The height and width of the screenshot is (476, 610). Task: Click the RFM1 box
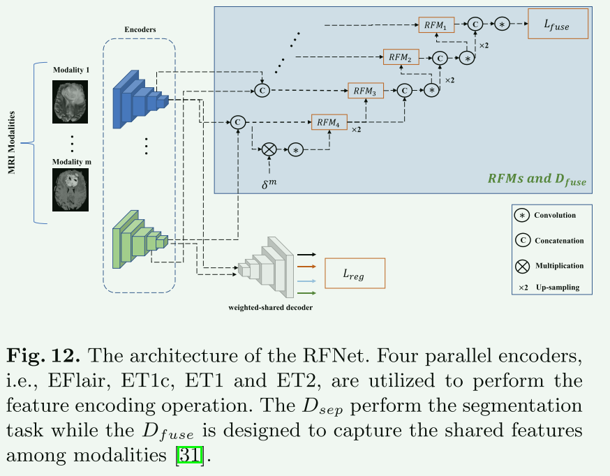click(436, 25)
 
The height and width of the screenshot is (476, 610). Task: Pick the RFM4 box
click(329, 122)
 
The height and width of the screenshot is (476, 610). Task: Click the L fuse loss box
click(558, 24)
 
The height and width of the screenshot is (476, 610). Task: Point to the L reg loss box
click(355, 274)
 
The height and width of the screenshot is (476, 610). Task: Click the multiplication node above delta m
click(269, 149)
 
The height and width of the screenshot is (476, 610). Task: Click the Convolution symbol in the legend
click(521, 216)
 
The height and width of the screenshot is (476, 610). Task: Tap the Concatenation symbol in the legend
click(521, 241)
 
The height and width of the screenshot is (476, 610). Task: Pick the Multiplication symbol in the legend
click(521, 266)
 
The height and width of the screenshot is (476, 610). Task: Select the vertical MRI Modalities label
click(13, 142)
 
